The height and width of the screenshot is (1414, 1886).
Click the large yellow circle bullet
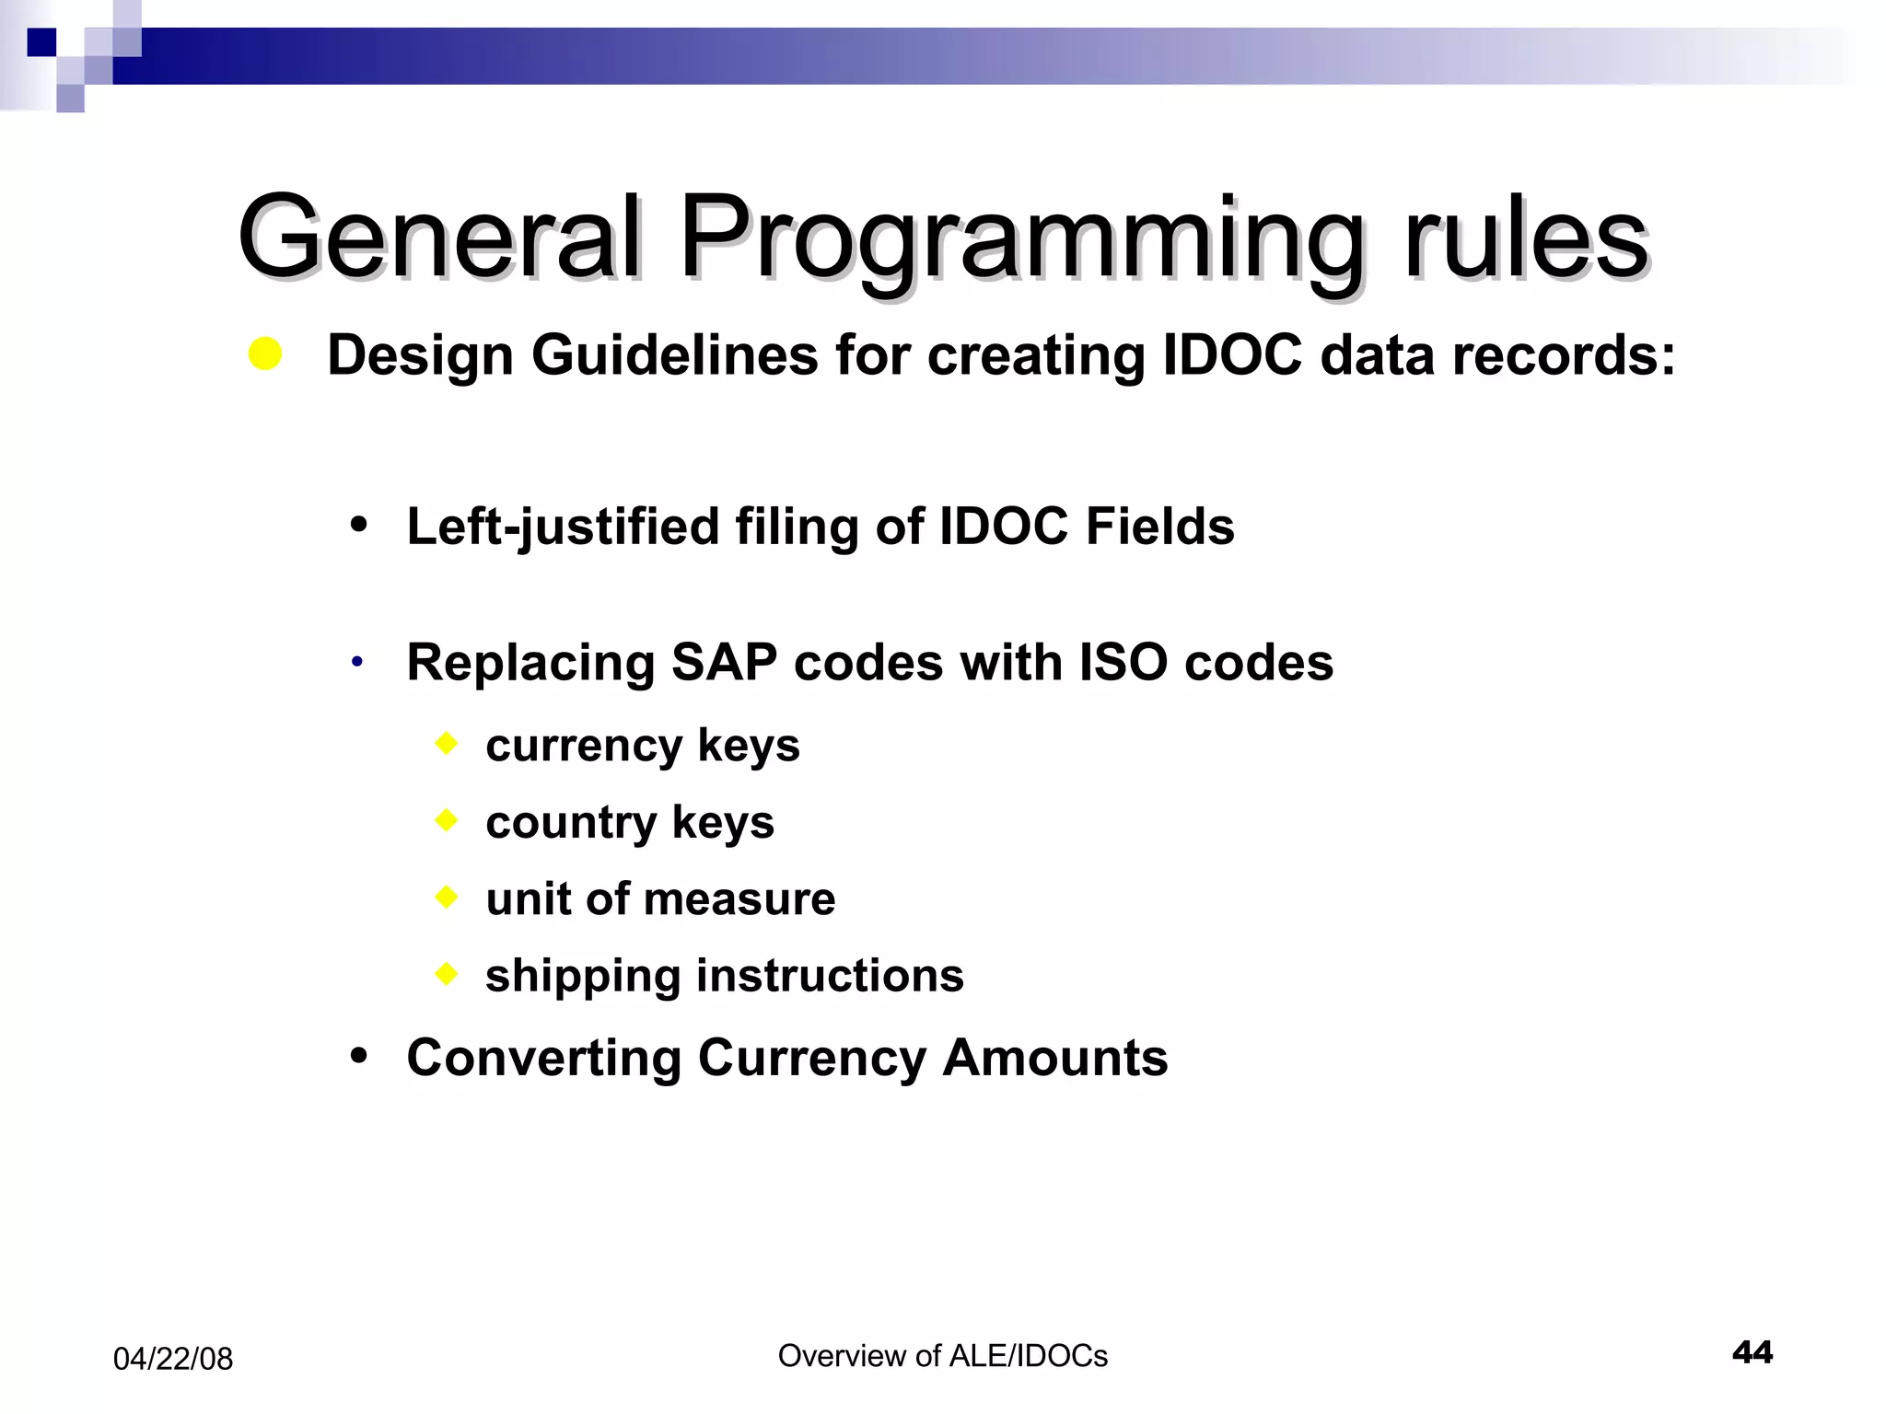point(265,354)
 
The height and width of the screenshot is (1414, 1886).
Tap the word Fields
point(1159,527)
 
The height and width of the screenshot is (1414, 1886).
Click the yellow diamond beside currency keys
point(447,743)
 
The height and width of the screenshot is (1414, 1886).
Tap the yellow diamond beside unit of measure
point(447,896)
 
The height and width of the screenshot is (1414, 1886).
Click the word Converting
point(544,1058)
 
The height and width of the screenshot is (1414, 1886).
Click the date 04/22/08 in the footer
point(173,1359)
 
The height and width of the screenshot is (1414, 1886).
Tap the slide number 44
point(1752,1352)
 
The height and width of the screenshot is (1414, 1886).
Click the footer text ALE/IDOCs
point(1028,1356)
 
